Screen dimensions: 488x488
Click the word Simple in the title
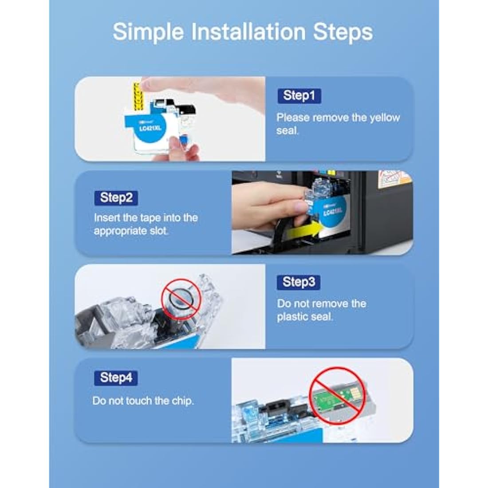(148, 32)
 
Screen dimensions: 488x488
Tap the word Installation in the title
(248, 31)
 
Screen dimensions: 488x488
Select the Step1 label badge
(299, 95)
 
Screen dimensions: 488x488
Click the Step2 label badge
(116, 197)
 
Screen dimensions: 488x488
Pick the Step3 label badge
(299, 282)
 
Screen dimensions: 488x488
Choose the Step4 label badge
(116, 378)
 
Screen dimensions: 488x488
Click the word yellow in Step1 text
(385, 118)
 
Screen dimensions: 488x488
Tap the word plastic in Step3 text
(291, 317)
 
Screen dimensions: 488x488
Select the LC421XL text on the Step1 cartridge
(150, 128)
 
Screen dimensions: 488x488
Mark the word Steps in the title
(342, 32)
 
